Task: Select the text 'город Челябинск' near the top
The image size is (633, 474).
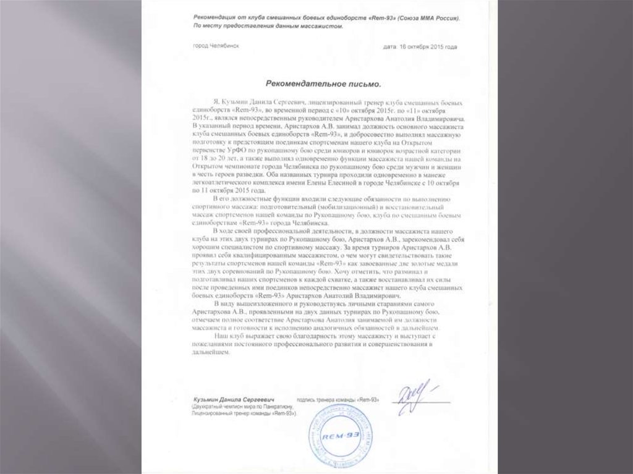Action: (217, 46)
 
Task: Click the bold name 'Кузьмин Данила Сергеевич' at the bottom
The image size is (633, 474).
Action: (234, 400)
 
